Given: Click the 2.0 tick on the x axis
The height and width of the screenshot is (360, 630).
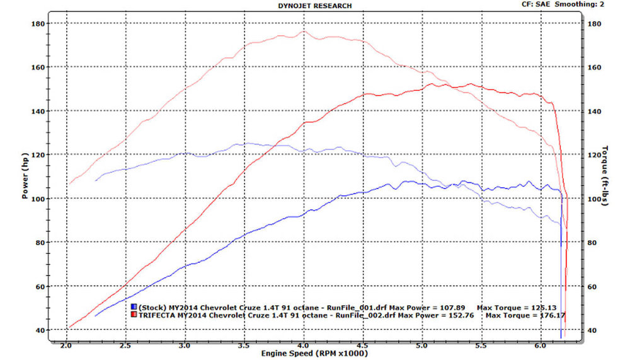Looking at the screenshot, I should pos(66,345).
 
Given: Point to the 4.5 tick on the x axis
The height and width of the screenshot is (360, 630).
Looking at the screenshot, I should pos(363,345).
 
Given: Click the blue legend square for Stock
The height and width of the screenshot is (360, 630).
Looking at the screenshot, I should pos(134,306).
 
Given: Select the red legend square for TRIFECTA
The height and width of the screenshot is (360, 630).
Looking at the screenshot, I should pos(134,314).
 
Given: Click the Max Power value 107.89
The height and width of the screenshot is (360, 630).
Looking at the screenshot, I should pos(448,306).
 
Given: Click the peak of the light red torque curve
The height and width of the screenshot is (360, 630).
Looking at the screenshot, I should pos(304,31).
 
